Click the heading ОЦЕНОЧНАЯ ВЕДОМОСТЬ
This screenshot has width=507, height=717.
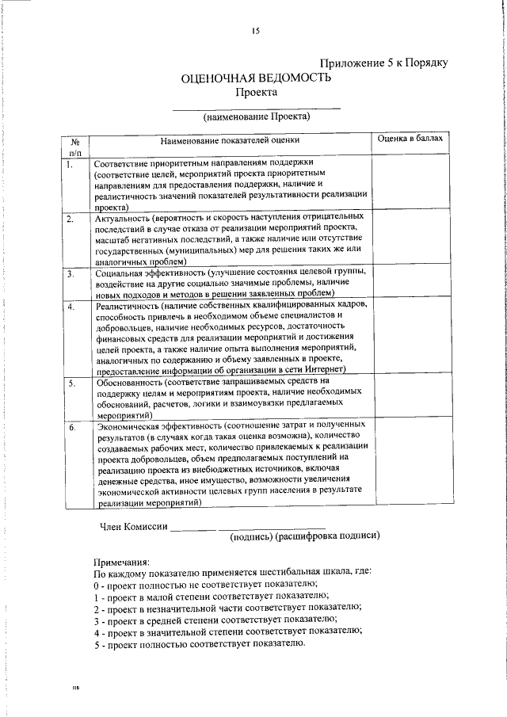click(256, 78)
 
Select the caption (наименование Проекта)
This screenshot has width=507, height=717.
click(256, 116)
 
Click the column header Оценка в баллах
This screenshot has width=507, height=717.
click(411, 139)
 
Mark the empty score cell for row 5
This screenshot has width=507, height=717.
click(411, 398)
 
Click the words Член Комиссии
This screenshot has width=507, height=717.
click(133, 528)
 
